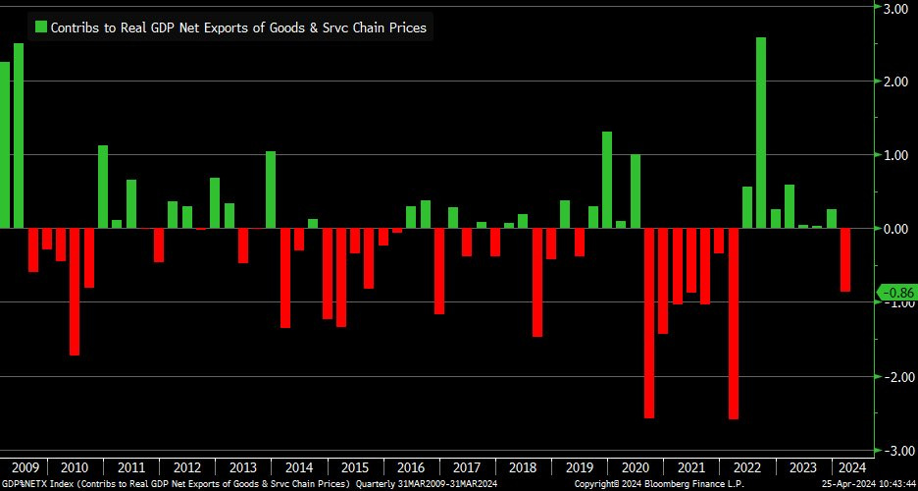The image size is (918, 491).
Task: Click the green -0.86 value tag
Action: pyautogui.click(x=895, y=293)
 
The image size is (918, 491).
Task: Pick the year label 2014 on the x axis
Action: pyautogui.click(x=299, y=467)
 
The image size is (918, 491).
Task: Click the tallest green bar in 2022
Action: pyautogui.click(x=761, y=133)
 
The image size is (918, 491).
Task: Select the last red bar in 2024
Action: pyautogui.click(x=845, y=259)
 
